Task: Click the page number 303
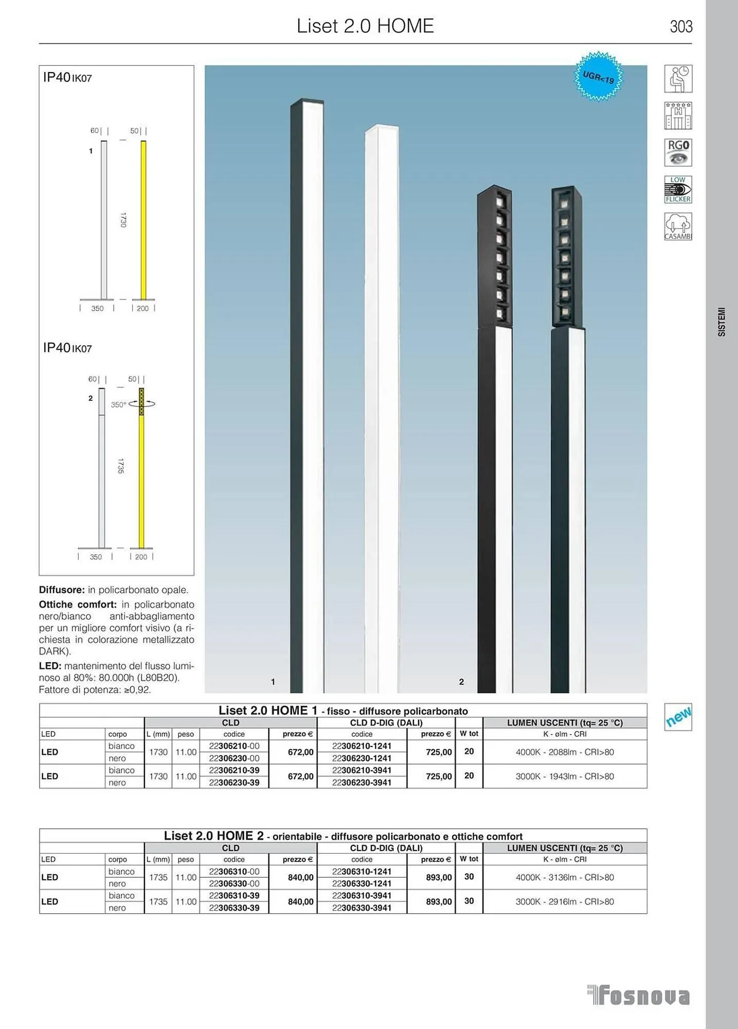point(680,26)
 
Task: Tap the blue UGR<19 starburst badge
point(598,77)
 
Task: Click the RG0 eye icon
point(678,152)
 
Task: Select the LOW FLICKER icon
point(678,189)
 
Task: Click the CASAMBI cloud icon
point(678,226)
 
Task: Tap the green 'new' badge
point(678,717)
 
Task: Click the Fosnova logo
point(639,996)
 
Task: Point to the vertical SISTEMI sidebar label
point(722,322)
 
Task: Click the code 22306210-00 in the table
point(234,746)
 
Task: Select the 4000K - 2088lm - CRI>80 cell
point(565,752)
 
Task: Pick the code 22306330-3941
point(362,908)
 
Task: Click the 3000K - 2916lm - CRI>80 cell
point(565,901)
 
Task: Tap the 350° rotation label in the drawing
point(118,405)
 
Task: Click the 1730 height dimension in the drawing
point(123,220)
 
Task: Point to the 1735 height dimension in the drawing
point(120,466)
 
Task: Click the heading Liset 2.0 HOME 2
point(213,836)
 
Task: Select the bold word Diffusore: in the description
point(62,590)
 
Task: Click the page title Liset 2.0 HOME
point(365,26)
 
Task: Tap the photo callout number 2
point(461,682)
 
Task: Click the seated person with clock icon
point(678,79)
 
